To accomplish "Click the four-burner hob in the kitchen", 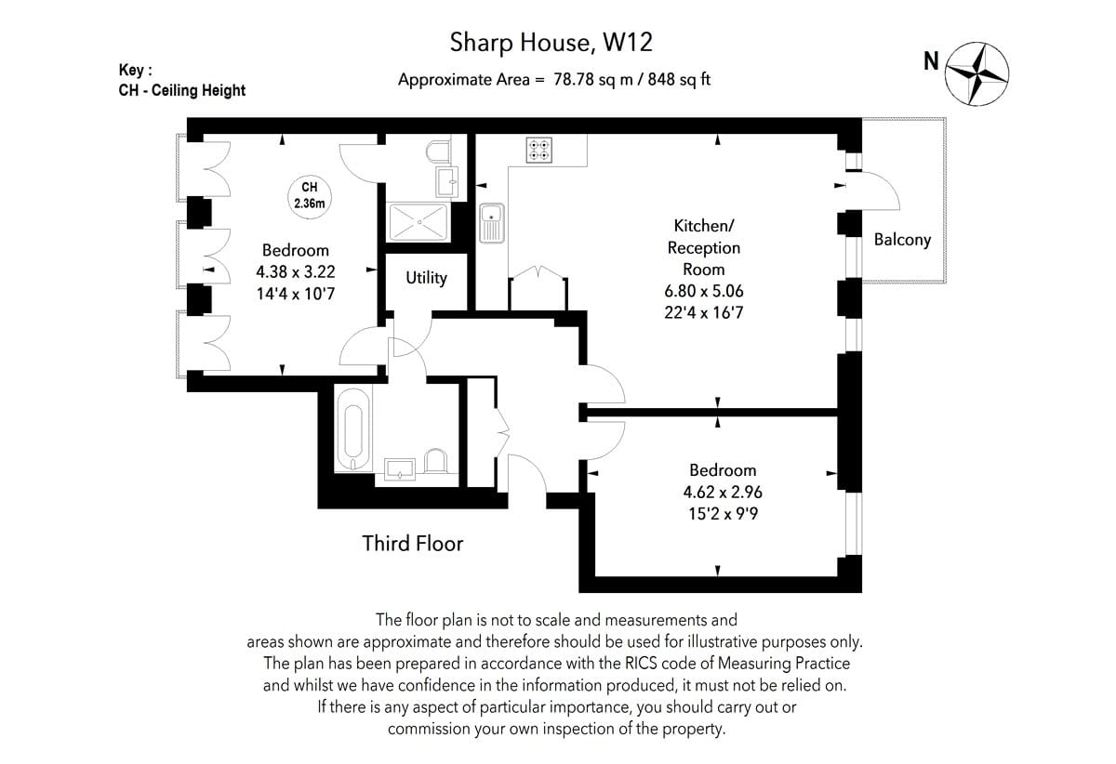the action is pyautogui.click(x=539, y=150).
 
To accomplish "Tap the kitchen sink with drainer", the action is pyautogui.click(x=492, y=223).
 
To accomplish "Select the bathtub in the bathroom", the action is pyautogui.click(x=353, y=429).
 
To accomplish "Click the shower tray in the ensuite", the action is pyautogui.click(x=418, y=221).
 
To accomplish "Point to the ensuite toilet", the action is pyautogui.click(x=438, y=151).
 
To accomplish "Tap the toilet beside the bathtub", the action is pyautogui.click(x=435, y=461).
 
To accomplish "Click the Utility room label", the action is pyautogui.click(x=426, y=278).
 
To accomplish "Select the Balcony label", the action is pyautogui.click(x=902, y=240).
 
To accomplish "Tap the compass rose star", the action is pyautogui.click(x=977, y=73).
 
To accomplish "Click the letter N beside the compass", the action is pyautogui.click(x=931, y=61).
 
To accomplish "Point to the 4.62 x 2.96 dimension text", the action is pyautogui.click(x=723, y=492).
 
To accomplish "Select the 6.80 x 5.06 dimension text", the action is pyautogui.click(x=703, y=291).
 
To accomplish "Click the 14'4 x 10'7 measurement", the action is pyautogui.click(x=296, y=294).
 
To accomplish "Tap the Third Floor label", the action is pyautogui.click(x=413, y=544).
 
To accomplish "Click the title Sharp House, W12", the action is pyautogui.click(x=551, y=43).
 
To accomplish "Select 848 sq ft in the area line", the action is pyautogui.click(x=679, y=80).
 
